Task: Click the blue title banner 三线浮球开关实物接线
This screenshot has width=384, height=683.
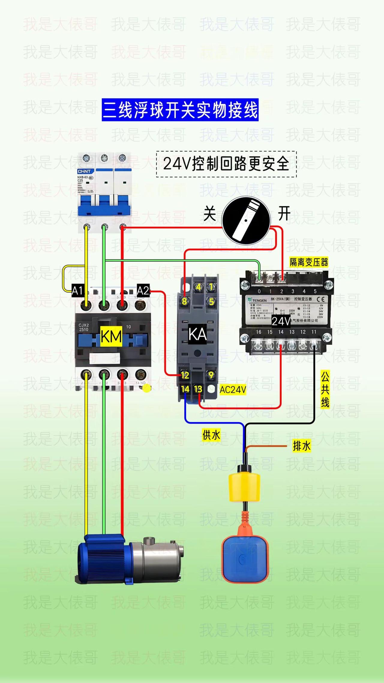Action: click(180, 110)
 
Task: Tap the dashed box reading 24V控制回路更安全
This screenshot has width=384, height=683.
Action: click(226, 164)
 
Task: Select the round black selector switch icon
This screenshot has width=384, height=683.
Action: click(246, 220)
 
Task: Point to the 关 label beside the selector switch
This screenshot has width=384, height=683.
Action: click(209, 213)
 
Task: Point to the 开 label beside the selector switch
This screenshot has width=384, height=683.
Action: click(284, 213)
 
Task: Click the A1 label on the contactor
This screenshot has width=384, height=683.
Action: click(77, 290)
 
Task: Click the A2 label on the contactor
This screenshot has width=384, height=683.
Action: click(143, 290)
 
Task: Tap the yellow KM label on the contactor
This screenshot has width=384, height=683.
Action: click(111, 336)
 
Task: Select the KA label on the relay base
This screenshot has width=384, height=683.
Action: click(197, 334)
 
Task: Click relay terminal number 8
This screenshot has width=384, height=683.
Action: click(184, 301)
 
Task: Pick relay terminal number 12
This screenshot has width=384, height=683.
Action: click(185, 375)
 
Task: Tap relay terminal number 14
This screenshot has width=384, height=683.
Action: click(185, 389)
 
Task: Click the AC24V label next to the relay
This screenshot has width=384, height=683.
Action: click(233, 390)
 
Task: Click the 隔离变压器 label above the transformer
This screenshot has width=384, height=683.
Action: click(309, 262)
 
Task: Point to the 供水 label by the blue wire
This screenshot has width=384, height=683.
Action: click(211, 435)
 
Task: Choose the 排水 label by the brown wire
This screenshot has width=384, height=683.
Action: click(301, 446)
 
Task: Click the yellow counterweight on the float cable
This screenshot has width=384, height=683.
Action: click(244, 487)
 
